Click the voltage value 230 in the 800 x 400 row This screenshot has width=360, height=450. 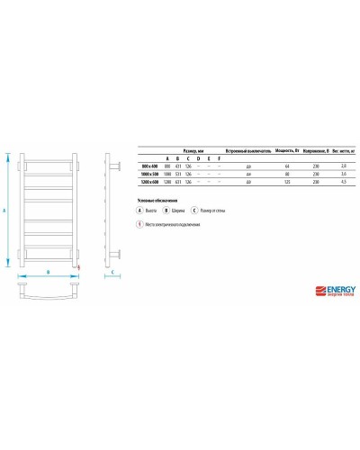coord(303,166)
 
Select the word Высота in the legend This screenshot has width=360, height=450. coord(153,209)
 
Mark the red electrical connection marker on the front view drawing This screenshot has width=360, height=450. coord(78,267)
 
